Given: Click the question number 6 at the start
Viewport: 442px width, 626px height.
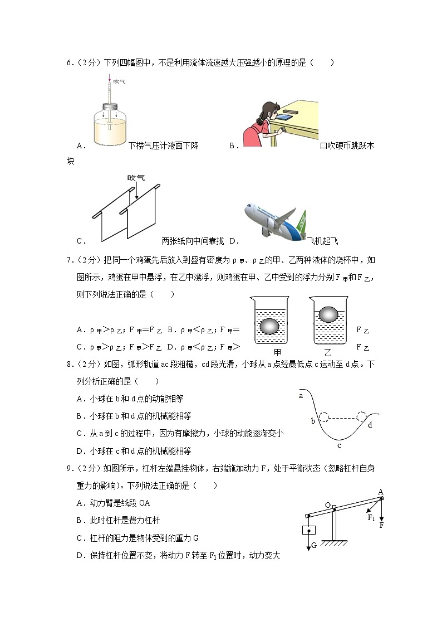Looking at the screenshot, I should coord(69,63).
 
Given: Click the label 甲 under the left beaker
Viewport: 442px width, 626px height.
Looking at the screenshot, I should coord(277,352).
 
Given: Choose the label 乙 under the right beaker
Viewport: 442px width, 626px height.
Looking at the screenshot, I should coord(327,352).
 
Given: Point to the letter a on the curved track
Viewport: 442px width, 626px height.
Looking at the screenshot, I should coord(301,396).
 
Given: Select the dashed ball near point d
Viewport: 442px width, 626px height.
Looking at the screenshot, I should coord(362,418).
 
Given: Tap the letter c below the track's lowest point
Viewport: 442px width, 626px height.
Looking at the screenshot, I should coord(339,444).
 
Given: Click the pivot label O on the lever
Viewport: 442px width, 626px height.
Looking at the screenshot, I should coord(328,505).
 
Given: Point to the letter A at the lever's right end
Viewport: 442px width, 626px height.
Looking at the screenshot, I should coord(381,491).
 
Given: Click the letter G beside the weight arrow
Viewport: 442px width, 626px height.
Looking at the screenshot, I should coord(313,545).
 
